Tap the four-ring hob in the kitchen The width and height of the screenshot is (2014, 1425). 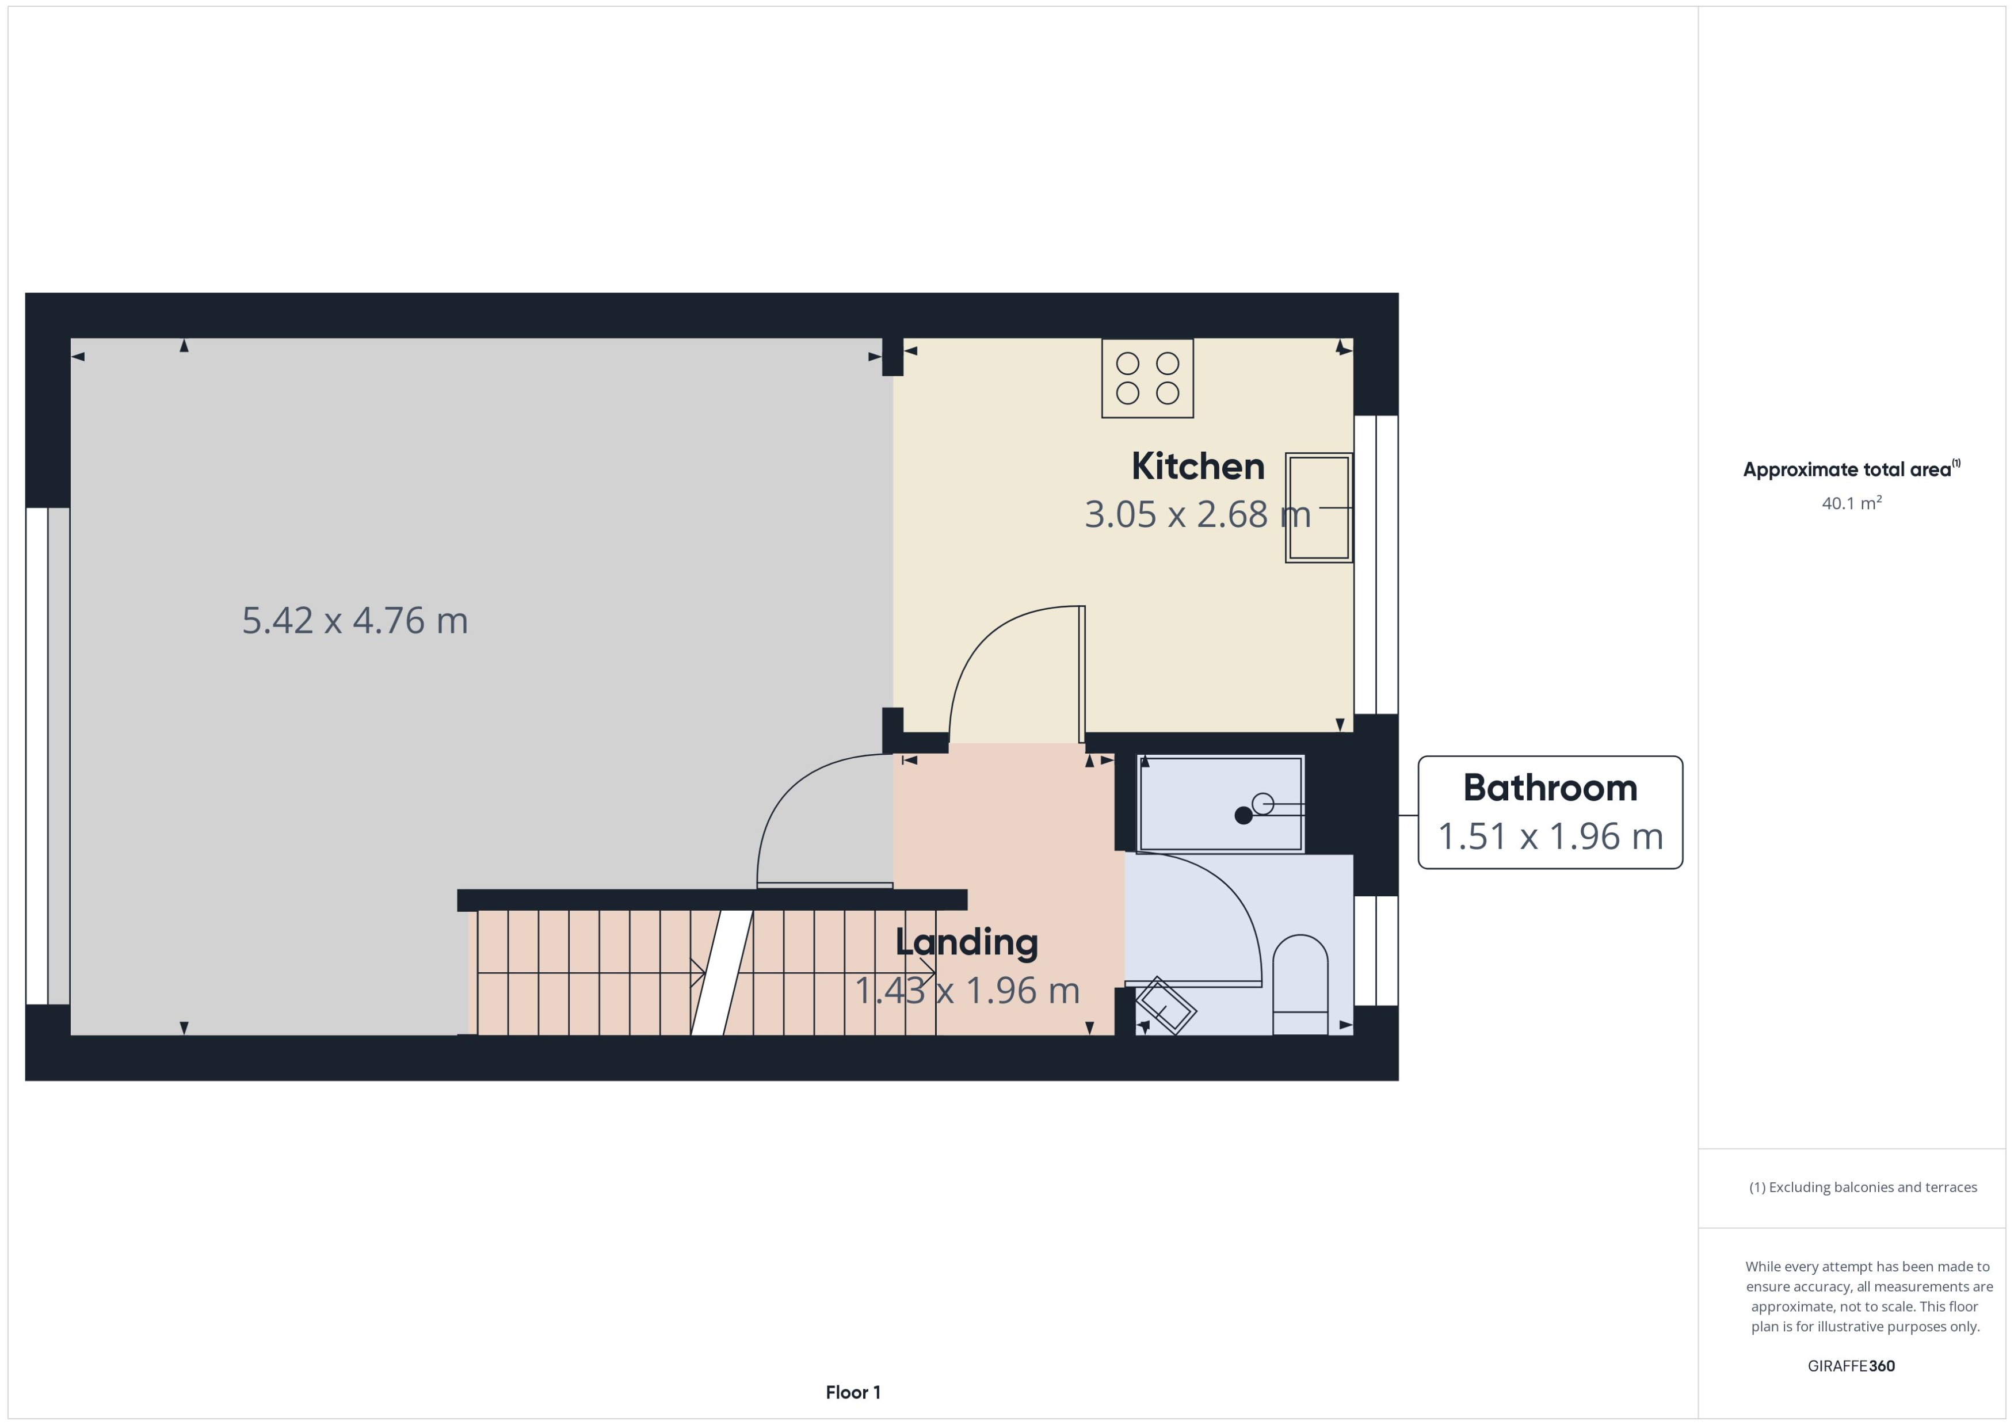pos(1147,378)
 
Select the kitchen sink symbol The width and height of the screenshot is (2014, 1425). pos(1318,507)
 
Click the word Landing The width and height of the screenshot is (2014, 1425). pos(966,942)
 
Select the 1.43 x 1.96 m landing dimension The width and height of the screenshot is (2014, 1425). pos(966,991)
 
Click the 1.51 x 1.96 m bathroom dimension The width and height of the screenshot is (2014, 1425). pos(1550,836)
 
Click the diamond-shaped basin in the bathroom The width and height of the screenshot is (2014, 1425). pos(1165,1006)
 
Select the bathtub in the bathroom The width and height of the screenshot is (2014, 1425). pos(1220,804)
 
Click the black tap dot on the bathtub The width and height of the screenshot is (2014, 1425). pos(1242,815)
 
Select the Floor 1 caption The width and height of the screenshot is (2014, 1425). pos(852,1392)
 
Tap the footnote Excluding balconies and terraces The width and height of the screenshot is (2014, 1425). pos(1862,1187)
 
